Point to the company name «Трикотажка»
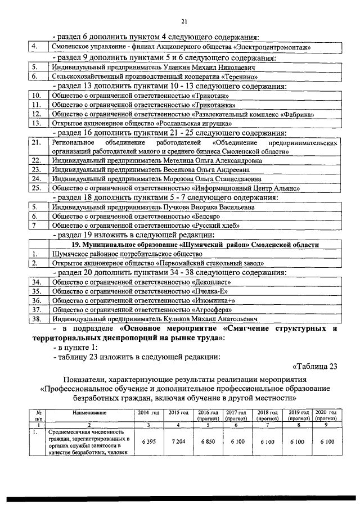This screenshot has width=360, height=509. point(214,105)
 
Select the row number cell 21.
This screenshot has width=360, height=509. point(36,143)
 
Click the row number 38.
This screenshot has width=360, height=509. point(36,319)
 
